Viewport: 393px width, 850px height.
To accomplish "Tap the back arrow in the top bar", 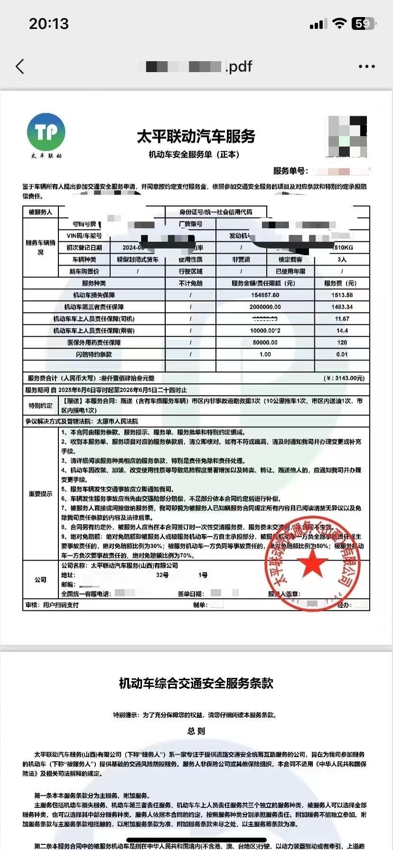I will coord(20,66).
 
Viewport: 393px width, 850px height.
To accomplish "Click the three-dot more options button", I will coord(366,66).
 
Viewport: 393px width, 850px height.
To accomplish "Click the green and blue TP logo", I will coord(46,132).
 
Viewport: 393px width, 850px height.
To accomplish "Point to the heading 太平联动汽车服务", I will coord(196,137).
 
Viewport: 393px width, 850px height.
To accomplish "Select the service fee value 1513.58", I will coord(342,295).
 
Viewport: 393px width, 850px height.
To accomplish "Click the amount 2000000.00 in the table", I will coord(265,307).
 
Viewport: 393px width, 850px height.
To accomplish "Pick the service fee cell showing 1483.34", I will coord(342,307).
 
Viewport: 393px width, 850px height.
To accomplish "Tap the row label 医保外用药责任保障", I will coord(94,342).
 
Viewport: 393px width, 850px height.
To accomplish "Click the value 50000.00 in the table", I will coord(265,342).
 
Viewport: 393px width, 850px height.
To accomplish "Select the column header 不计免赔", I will coord(190,283).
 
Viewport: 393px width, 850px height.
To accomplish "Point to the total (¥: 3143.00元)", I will coord(344,378).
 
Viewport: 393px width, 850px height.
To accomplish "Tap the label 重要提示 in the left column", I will coord(40,494).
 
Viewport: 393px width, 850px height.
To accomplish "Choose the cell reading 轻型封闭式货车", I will coord(138,259).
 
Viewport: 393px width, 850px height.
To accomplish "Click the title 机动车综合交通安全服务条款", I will coord(196,683).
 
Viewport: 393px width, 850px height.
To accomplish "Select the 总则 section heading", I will coord(196,731).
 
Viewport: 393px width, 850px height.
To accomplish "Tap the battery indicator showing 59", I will coord(363,23).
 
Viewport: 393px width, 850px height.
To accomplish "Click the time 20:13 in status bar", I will coord(49,23).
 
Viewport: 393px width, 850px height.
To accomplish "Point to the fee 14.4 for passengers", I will coord(342,331).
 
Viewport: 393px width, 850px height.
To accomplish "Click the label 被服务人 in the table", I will coord(40,212).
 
